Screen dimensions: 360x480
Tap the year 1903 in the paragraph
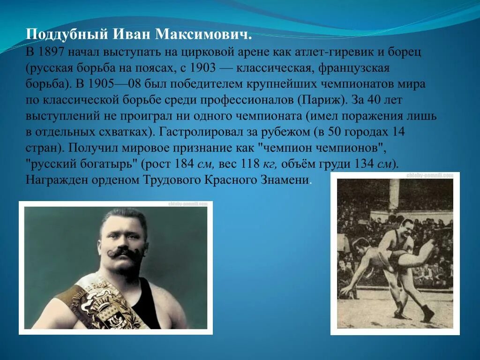pos(203,68)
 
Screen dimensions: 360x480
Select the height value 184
pos(183,164)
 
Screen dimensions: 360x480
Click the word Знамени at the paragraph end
pos(288,180)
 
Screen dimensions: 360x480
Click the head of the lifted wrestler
pos(361,245)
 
